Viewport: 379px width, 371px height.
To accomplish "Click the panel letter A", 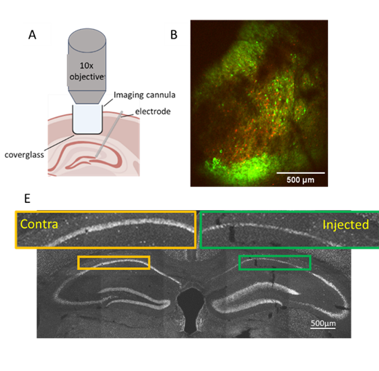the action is [x=32, y=35].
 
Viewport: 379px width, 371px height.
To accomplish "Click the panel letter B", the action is [x=174, y=35].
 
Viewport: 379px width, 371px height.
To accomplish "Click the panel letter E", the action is [x=27, y=199].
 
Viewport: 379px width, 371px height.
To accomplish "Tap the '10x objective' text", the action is [x=87, y=71].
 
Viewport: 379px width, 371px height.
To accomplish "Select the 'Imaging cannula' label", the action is [x=145, y=95].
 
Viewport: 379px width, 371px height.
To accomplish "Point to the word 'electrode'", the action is [x=153, y=111].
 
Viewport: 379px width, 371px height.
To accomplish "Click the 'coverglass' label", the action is [x=24, y=155].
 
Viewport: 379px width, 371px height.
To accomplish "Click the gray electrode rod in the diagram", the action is [x=109, y=134].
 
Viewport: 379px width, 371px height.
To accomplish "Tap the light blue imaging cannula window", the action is [x=87, y=119].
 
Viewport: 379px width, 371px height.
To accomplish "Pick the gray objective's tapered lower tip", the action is [x=87, y=97].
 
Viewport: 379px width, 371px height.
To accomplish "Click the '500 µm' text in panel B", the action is [x=300, y=180].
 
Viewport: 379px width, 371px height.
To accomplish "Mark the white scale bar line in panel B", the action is [x=300, y=173].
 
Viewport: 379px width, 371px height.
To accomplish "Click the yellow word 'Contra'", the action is [x=39, y=224].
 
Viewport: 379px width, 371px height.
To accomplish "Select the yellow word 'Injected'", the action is [x=346, y=225].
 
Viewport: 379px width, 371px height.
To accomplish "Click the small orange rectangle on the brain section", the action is [x=113, y=256].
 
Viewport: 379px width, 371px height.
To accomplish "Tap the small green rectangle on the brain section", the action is [x=275, y=255].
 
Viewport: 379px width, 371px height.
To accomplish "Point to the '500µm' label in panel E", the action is [x=323, y=323].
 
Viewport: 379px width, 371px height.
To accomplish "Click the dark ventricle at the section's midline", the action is [x=191, y=309].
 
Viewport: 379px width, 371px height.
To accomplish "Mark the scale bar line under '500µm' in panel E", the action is [x=323, y=328].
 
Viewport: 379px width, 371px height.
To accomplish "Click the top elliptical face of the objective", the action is [x=87, y=40].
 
